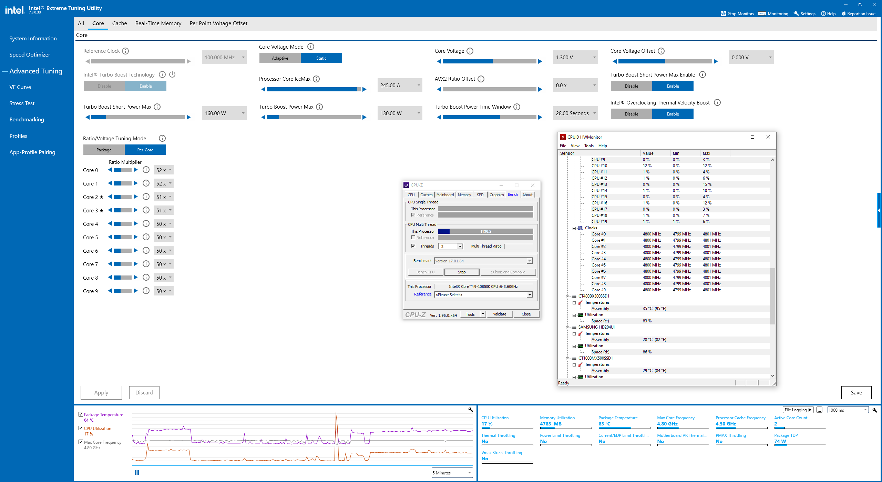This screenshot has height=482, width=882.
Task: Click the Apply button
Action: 101,392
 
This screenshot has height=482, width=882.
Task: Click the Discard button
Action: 144,392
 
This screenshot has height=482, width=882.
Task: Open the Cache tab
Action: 120,23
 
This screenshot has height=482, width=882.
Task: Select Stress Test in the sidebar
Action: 22,103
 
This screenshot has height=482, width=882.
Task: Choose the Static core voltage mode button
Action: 321,58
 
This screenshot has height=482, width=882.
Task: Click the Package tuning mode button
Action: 104,150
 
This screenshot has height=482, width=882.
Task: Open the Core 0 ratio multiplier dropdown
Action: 164,170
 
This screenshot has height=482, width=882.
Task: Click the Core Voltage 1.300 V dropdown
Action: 575,57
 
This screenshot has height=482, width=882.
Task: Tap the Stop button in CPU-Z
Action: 462,272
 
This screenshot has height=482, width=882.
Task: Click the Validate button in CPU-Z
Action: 500,314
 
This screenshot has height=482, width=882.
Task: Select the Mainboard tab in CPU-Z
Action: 445,195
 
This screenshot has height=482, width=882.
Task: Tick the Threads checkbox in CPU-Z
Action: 413,246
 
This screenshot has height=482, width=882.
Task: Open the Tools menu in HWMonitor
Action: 589,145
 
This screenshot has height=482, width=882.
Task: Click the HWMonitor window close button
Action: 768,137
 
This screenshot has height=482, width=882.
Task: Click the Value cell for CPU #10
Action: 647,165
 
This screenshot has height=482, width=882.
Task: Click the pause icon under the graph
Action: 137,472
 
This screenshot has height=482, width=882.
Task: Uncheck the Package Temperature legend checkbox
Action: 81,414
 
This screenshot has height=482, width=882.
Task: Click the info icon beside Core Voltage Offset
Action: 661,51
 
